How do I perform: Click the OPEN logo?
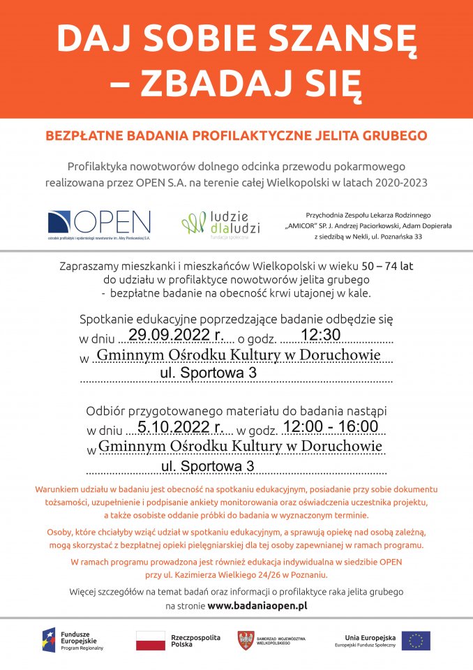99,223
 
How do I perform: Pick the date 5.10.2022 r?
180,426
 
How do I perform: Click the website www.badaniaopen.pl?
257,606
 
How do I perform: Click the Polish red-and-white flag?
151,640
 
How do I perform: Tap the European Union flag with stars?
416,640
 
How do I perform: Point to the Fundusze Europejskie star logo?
49,640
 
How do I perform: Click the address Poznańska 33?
418,237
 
